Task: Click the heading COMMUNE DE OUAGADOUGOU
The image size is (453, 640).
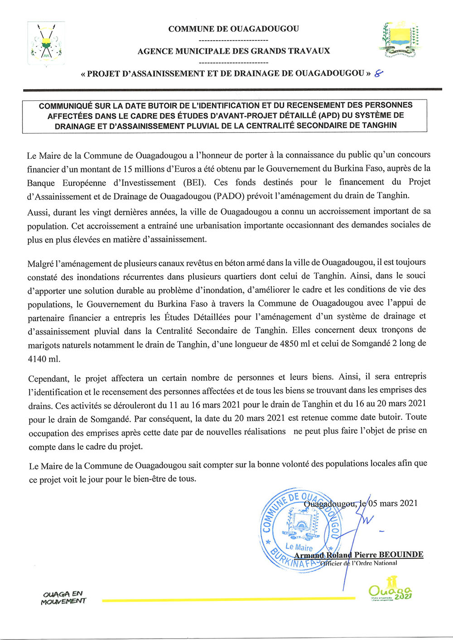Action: [233, 29]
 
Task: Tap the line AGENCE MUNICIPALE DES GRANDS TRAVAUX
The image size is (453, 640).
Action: [233, 51]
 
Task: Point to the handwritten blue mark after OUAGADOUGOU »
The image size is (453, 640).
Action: [377, 74]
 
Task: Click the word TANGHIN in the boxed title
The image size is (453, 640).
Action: [379, 126]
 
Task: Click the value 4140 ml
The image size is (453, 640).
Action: [43, 359]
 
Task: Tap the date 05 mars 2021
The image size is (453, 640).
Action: [393, 503]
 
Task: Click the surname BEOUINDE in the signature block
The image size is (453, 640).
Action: [401, 554]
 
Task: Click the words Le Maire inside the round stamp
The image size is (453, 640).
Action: [299, 547]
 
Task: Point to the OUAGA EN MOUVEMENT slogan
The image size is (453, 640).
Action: [63, 597]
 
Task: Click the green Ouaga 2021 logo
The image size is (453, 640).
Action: [390, 589]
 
